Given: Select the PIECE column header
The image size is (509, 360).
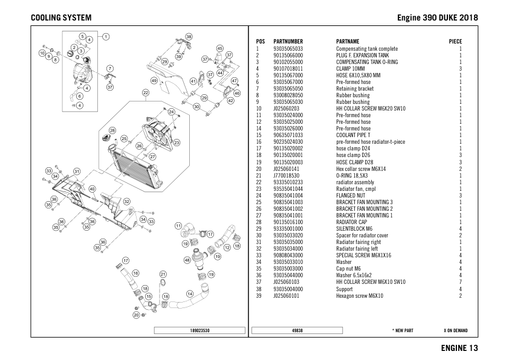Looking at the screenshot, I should pyautogui.click(x=455, y=41).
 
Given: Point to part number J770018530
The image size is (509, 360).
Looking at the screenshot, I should pyautogui.click(x=287, y=175).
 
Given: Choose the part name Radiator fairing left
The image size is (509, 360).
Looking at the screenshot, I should pyautogui.click(x=360, y=248).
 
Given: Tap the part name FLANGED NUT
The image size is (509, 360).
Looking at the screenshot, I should pyautogui.click(x=352, y=195).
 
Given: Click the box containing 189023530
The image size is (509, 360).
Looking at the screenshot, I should pyautogui.click(x=200, y=330).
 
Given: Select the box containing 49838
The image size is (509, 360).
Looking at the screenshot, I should pyautogui.click(x=297, y=330).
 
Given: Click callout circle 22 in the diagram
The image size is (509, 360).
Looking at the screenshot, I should pyautogui.click(x=146, y=93).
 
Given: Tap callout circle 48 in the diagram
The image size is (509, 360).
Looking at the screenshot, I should pyautogui.click(x=187, y=260).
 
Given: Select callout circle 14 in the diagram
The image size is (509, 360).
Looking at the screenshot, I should pyautogui.click(x=190, y=294).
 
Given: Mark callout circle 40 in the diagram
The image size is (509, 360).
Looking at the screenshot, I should pyautogui.click(x=92, y=189).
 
